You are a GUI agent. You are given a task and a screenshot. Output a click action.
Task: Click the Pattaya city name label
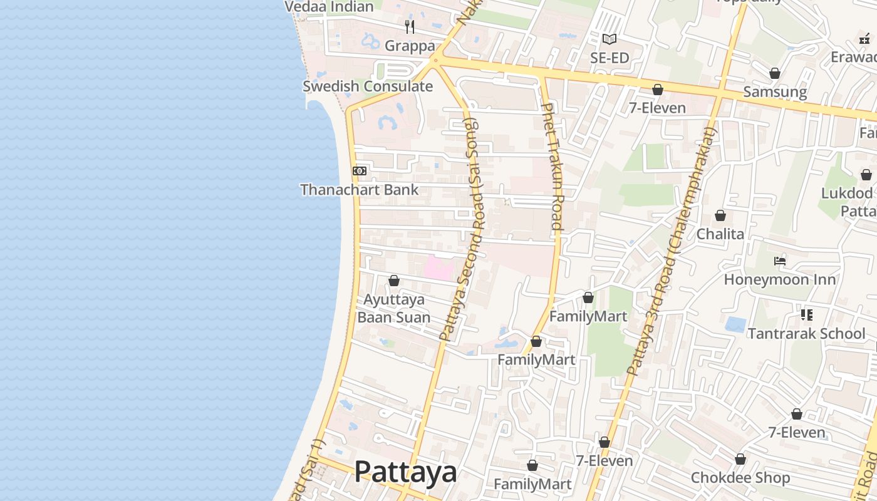click(x=405, y=472)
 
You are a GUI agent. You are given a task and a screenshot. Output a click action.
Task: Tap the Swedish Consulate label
click(x=368, y=86)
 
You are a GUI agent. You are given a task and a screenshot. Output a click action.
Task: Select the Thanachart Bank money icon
click(x=360, y=171)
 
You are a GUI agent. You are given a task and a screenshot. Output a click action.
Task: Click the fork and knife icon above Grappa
click(x=410, y=26)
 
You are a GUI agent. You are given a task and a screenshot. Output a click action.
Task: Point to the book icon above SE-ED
click(x=609, y=39)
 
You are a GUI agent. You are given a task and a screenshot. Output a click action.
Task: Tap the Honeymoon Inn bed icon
click(x=780, y=261)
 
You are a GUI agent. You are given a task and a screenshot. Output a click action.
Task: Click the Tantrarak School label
click(x=806, y=333)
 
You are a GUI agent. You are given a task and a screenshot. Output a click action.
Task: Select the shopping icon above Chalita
click(x=720, y=215)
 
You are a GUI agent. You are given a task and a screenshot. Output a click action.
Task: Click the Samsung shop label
click(x=774, y=92)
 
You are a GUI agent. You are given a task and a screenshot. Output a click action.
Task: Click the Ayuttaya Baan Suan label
click(x=393, y=308)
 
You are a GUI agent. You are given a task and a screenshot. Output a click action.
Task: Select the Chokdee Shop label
click(x=740, y=478)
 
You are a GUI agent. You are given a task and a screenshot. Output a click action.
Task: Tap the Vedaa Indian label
click(x=329, y=7)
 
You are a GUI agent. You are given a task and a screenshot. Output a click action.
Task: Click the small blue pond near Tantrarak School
click(x=735, y=324)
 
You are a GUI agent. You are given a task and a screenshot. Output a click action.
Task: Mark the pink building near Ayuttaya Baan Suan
click(x=439, y=268)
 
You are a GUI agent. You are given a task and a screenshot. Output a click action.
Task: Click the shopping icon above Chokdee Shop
click(x=740, y=460)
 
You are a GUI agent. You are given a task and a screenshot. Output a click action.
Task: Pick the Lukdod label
click(x=846, y=193)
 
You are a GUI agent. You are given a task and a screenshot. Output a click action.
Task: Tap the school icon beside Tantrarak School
click(x=806, y=315)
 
